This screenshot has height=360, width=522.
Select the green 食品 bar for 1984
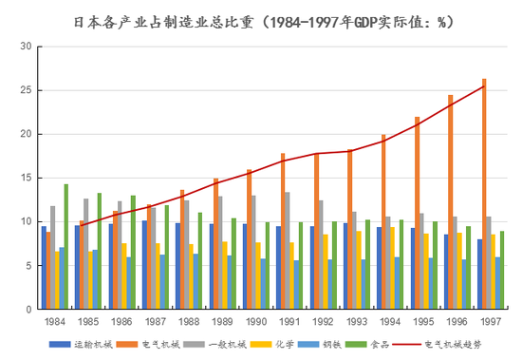click(66, 247)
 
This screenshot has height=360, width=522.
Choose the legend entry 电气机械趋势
click(453, 345)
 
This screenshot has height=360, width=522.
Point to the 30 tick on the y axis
click(26, 47)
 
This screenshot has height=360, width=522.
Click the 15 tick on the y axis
click(26, 178)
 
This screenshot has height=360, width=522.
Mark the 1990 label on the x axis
click(252, 322)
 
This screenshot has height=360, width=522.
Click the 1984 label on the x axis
click(54, 322)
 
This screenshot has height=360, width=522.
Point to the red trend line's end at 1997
click(484, 86)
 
